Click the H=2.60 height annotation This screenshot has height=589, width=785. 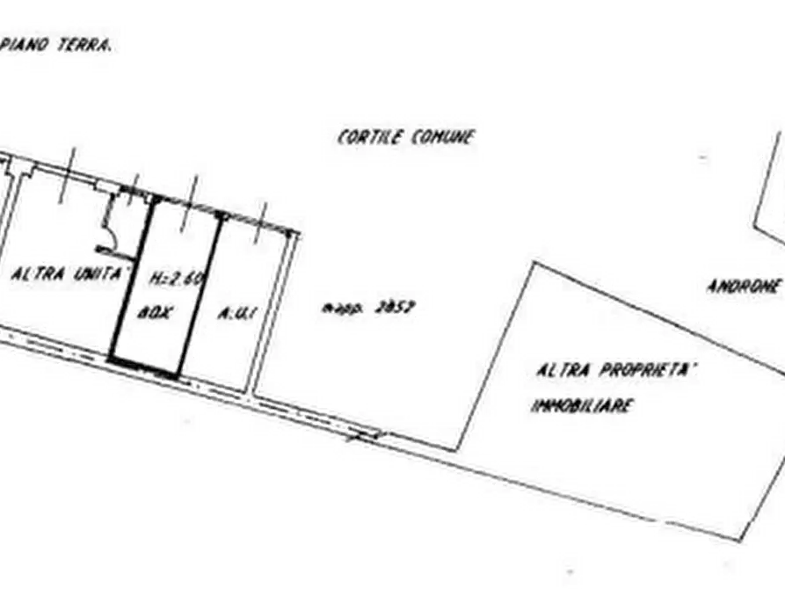click(x=176, y=280)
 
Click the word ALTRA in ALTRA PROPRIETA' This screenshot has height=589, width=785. click(x=563, y=371)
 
